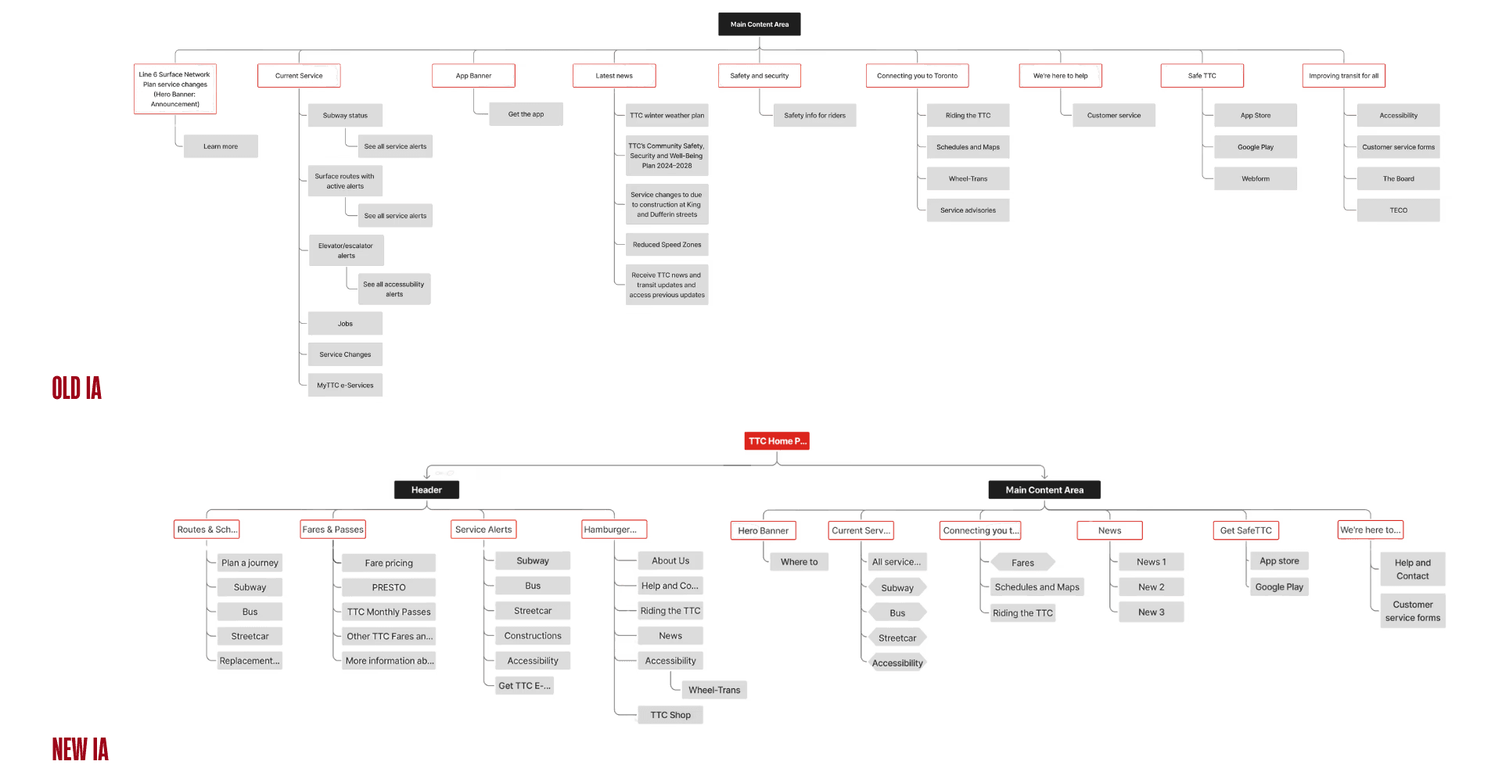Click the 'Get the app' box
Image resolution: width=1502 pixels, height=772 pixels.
pyautogui.click(x=526, y=114)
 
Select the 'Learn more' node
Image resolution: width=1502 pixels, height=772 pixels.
pyautogui.click(x=221, y=146)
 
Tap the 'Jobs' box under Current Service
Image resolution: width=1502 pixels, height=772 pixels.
pyautogui.click(x=345, y=324)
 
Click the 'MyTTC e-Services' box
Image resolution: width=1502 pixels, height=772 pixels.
pyautogui.click(x=345, y=386)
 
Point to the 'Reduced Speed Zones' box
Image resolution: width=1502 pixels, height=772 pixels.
pyautogui.click(x=667, y=245)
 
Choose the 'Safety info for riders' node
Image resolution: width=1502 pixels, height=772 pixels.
pyautogui.click(x=814, y=116)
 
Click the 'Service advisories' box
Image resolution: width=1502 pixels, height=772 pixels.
pyautogui.click(x=968, y=210)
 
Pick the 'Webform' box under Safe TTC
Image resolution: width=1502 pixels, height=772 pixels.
pyautogui.click(x=1256, y=179)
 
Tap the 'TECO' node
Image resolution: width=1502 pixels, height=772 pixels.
pyautogui.click(x=1398, y=210)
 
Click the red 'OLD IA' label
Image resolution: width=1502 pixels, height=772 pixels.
pyautogui.click(x=77, y=387)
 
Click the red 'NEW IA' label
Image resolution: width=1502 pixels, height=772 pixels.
pyautogui.click(x=80, y=749)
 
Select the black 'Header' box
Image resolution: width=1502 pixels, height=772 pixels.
pyautogui.click(x=426, y=490)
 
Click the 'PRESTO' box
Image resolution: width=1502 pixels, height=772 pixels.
pyautogui.click(x=389, y=587)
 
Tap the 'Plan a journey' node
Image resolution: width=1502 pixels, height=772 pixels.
pyautogui.click(x=250, y=562)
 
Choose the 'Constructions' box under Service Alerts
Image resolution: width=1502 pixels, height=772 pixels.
pyautogui.click(x=533, y=636)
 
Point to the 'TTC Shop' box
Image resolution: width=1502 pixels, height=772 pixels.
pyautogui.click(x=670, y=715)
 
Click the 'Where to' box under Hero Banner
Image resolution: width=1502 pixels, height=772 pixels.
pyautogui.click(x=799, y=562)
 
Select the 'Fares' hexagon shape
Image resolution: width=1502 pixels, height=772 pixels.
pyautogui.click(x=1022, y=562)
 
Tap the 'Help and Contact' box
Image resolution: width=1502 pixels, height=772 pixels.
pyautogui.click(x=1412, y=569)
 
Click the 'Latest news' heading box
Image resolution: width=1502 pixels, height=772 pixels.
pyautogui.click(x=614, y=76)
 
